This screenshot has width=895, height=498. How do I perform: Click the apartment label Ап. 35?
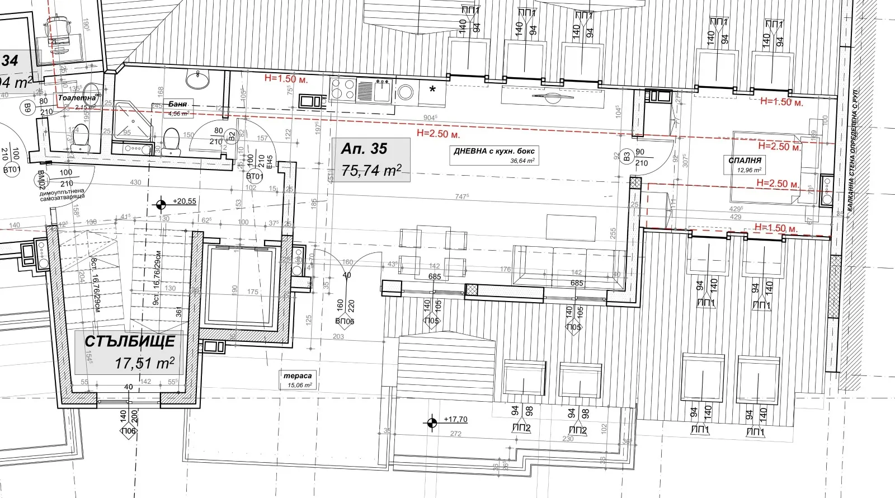point(364,148)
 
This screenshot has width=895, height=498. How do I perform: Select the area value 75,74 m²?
point(371,171)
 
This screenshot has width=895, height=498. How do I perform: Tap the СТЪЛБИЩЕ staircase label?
point(130,341)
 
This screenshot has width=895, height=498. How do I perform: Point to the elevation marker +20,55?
point(184,201)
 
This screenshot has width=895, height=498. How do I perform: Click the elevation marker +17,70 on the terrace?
point(455,419)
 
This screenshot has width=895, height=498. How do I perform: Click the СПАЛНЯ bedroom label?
point(745,161)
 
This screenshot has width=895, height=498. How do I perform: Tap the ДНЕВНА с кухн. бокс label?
point(494,151)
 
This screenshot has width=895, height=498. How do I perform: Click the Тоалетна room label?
point(77,98)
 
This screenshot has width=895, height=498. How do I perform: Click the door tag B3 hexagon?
point(626,157)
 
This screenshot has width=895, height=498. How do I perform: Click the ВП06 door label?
point(345,321)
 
